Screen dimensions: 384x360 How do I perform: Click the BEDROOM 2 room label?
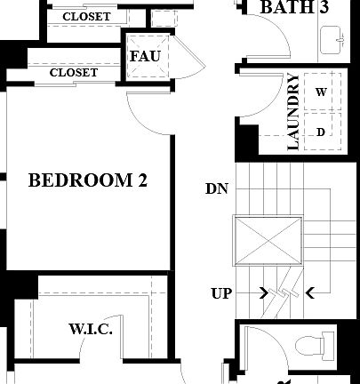pyautogui.click(x=88, y=181)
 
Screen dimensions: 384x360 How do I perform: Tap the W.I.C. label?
pyautogui.click(x=90, y=330)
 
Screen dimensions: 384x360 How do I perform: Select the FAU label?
pyautogui.click(x=144, y=57)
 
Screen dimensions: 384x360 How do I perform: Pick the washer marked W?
pyautogui.click(x=321, y=92)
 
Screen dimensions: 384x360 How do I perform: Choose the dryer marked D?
pyautogui.click(x=321, y=132)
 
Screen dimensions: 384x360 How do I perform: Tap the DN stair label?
pyautogui.click(x=216, y=188)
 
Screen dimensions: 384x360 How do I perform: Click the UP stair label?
pyautogui.click(x=222, y=292)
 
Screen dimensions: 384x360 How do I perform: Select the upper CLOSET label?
pyautogui.click(x=86, y=17)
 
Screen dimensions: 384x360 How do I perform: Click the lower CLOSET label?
pyautogui.click(x=74, y=73)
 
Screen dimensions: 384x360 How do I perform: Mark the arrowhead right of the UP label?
pyautogui.click(x=264, y=292)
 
